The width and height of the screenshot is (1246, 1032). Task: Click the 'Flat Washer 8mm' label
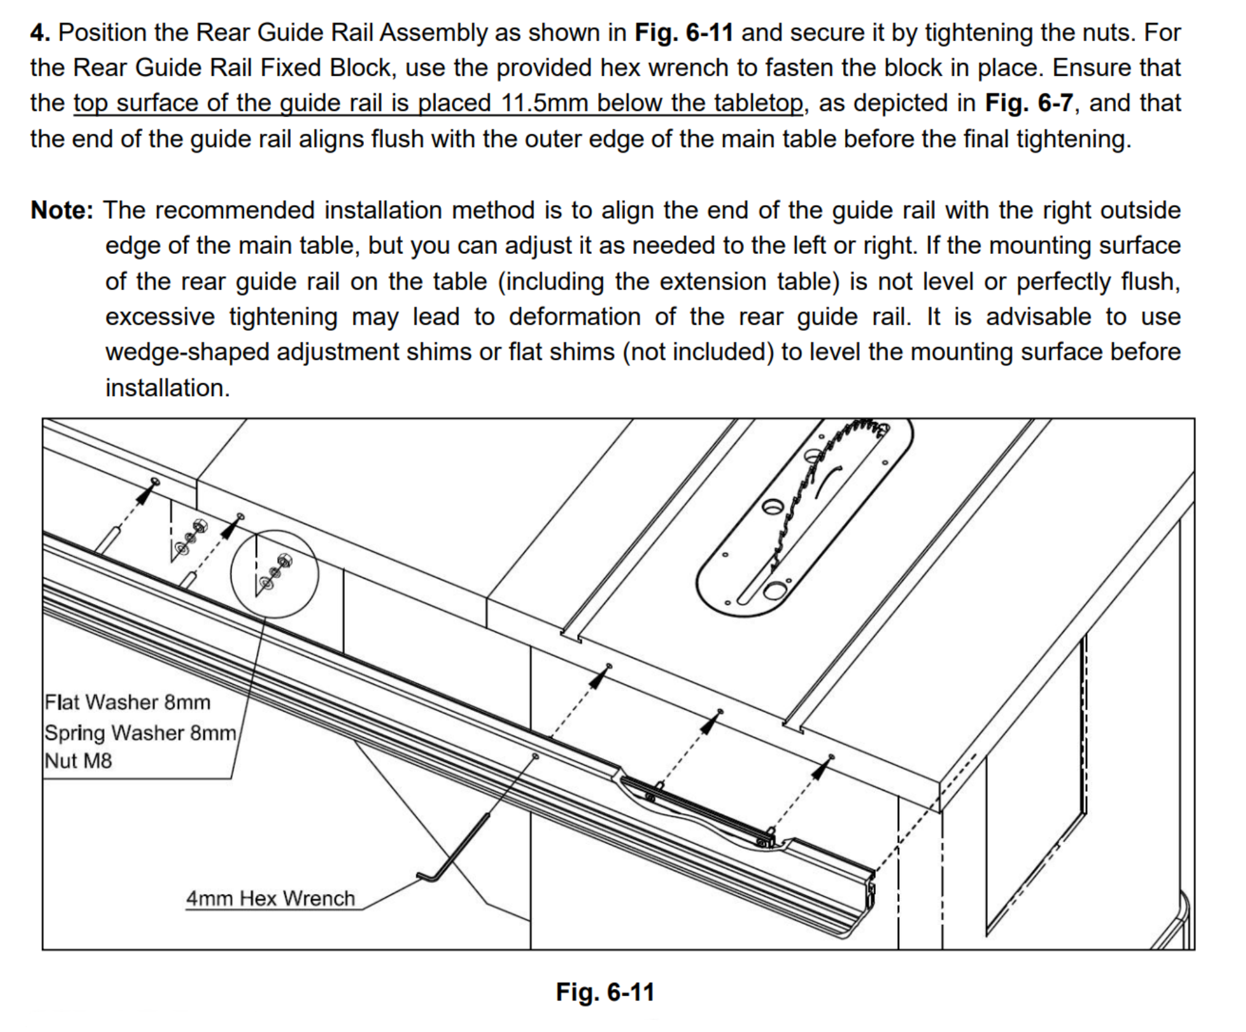tap(127, 702)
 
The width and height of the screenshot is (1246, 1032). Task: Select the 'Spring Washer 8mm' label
tap(140, 733)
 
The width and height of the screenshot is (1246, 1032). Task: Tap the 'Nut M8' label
tap(78, 761)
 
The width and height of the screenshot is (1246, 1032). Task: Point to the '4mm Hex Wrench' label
tap(270, 898)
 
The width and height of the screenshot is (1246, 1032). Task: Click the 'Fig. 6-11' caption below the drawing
tap(605, 992)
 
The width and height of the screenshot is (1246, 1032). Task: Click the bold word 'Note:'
tap(62, 210)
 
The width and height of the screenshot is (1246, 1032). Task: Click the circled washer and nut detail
tap(275, 574)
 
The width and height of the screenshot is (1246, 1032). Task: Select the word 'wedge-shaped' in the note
tap(187, 352)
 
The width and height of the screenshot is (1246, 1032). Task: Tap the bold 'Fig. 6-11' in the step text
tap(684, 33)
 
